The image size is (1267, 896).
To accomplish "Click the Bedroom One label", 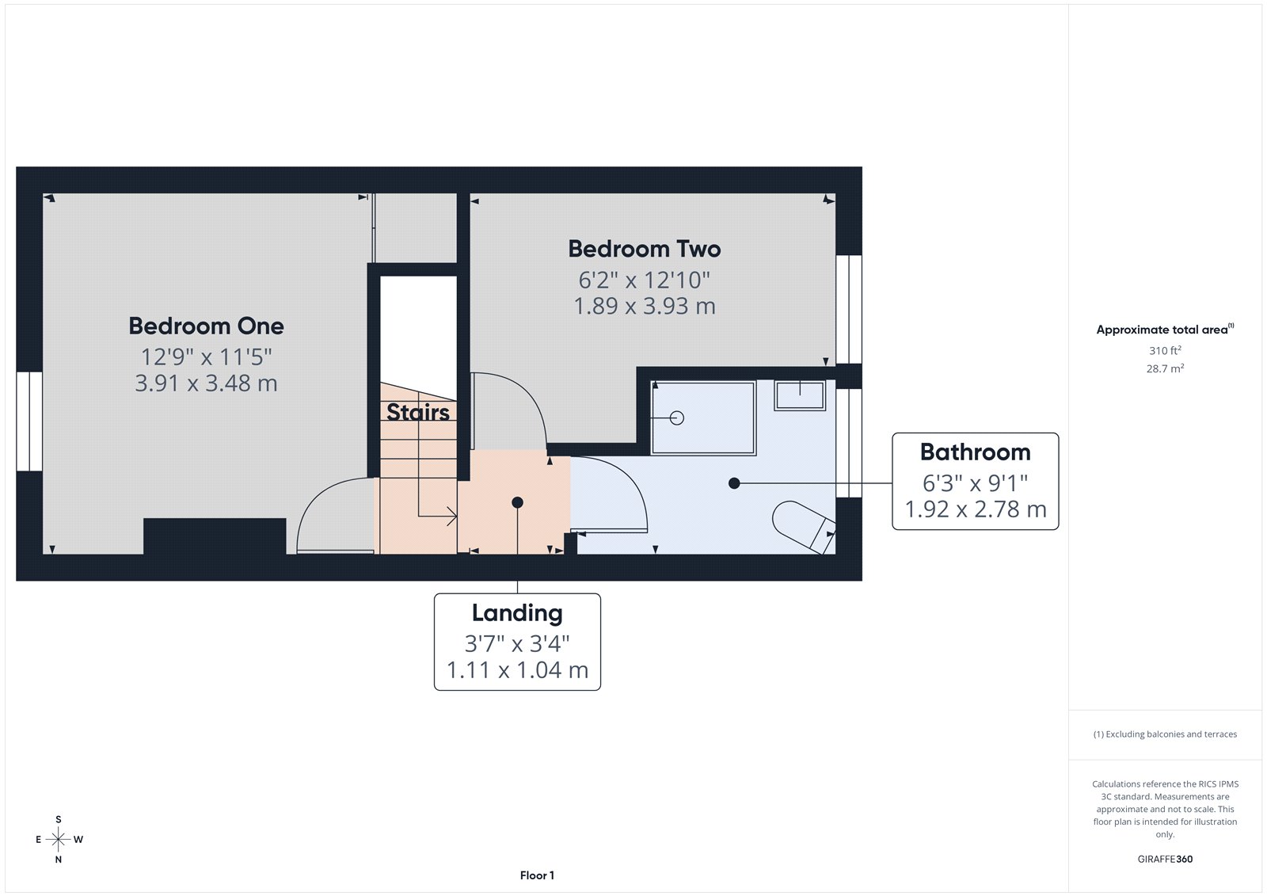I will [x=206, y=326].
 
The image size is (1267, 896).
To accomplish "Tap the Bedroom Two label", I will [x=645, y=249].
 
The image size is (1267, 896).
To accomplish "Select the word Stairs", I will [x=417, y=412].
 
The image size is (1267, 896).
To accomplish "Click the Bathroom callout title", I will [x=975, y=452].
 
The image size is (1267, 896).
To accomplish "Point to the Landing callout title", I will [x=517, y=613].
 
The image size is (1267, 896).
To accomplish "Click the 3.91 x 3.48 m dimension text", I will [x=206, y=383].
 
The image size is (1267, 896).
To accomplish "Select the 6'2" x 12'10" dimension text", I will [x=645, y=280].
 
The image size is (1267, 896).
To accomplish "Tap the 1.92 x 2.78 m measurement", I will [x=975, y=509].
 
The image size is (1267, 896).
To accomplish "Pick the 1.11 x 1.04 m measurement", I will [x=517, y=670].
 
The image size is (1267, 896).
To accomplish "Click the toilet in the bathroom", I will [x=801, y=524].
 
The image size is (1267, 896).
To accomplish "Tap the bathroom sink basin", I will [x=800, y=394].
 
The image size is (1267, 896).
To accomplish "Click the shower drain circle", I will [x=677, y=418].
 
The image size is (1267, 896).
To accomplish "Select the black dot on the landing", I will [x=517, y=502].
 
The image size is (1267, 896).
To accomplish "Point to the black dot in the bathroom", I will [x=734, y=483].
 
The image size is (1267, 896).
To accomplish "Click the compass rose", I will [x=59, y=839].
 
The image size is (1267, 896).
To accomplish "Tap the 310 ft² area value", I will [x=1165, y=350].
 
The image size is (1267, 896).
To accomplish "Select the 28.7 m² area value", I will [x=1165, y=368].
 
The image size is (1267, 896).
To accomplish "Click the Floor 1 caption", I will [x=537, y=875].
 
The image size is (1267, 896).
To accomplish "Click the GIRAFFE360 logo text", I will [x=1165, y=859].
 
